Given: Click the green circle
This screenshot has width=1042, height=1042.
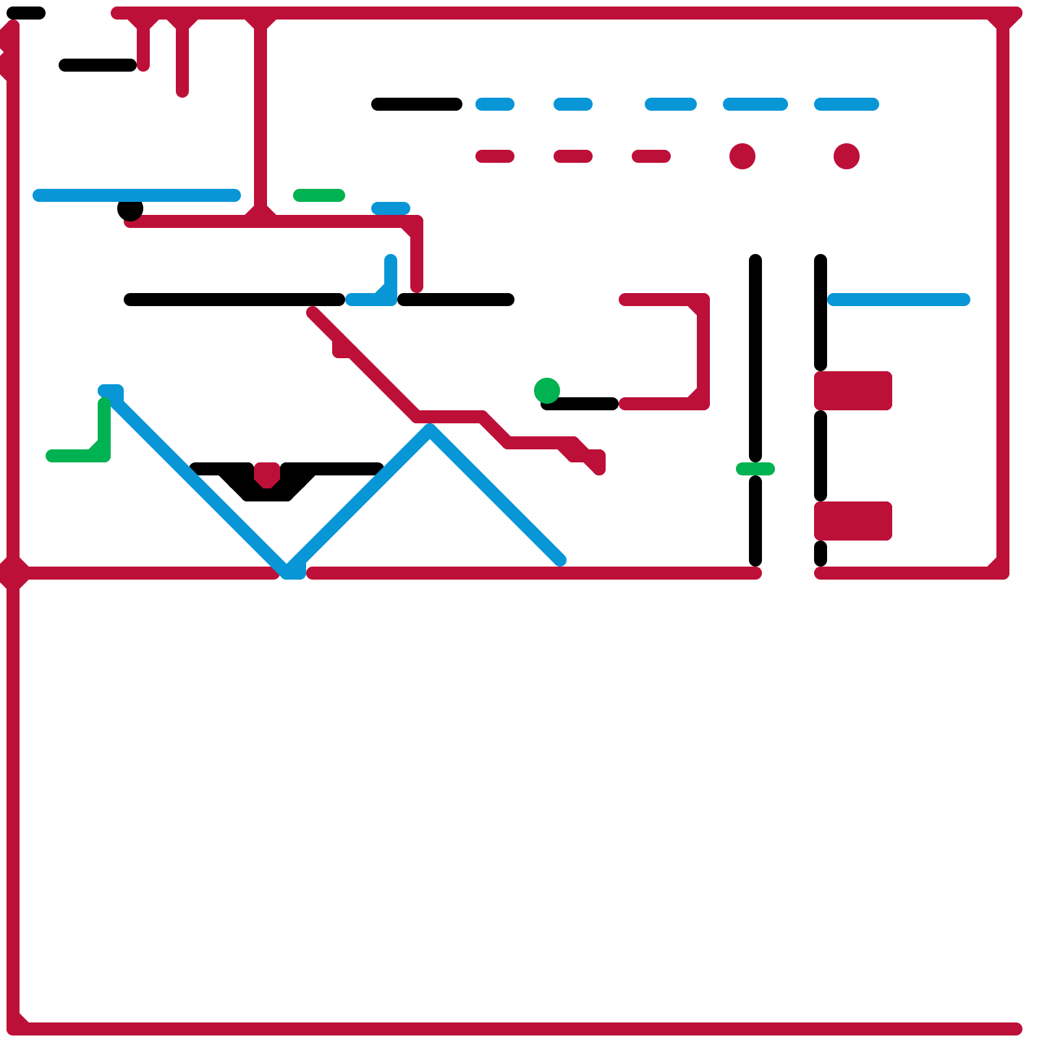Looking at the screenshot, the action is (x=547, y=390).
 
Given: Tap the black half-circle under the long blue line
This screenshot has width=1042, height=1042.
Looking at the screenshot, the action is (x=130, y=210).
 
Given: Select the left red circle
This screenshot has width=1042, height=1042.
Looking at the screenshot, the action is (x=742, y=156).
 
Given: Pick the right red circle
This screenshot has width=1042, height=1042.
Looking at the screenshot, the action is (x=847, y=156).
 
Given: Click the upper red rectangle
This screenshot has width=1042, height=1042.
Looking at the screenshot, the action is (x=853, y=391).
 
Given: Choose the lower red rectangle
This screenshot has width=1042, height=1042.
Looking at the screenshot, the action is (x=853, y=521).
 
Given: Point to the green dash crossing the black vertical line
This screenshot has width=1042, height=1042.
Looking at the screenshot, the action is (x=755, y=469).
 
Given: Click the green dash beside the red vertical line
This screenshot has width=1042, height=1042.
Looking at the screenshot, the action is (x=319, y=195).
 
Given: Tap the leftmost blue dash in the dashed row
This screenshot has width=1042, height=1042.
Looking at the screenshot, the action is (x=495, y=104).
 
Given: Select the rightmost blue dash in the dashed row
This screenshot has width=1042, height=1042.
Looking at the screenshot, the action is (x=847, y=104).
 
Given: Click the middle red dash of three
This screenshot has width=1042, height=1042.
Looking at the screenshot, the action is (x=573, y=156).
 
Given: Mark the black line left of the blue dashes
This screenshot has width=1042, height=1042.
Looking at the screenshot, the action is (x=417, y=104).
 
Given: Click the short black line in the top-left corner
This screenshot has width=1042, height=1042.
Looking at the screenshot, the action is (x=26, y=13).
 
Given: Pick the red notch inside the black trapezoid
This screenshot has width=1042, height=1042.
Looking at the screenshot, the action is (x=267, y=474).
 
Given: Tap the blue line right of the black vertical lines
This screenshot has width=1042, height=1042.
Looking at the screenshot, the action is (x=899, y=300).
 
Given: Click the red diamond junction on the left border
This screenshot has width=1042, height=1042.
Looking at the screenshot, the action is (x=13, y=573).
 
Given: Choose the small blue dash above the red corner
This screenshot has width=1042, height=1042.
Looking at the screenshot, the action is (x=391, y=208).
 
